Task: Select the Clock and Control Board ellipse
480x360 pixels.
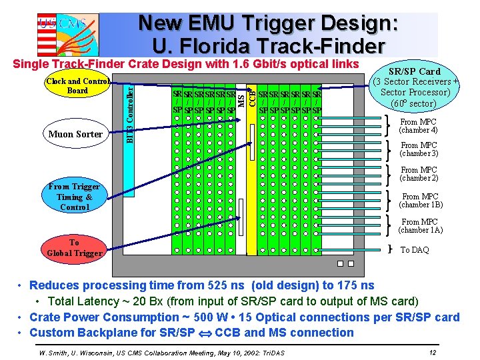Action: point(77,86)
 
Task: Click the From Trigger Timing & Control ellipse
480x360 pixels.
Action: point(74,197)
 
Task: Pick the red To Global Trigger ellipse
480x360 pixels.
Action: point(74,247)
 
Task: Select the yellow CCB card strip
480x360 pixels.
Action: point(252,173)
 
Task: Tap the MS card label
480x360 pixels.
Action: point(241,97)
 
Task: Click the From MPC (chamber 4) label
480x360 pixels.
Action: point(419,126)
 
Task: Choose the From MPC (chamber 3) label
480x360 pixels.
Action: point(419,149)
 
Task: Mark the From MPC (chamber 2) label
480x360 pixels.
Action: point(419,174)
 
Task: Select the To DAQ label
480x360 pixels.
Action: point(415,250)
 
